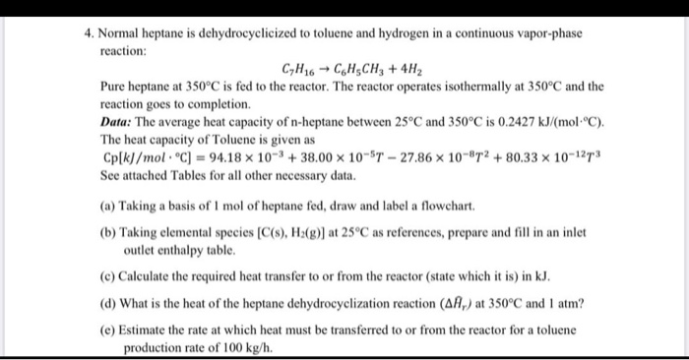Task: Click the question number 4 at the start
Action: (88, 32)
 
